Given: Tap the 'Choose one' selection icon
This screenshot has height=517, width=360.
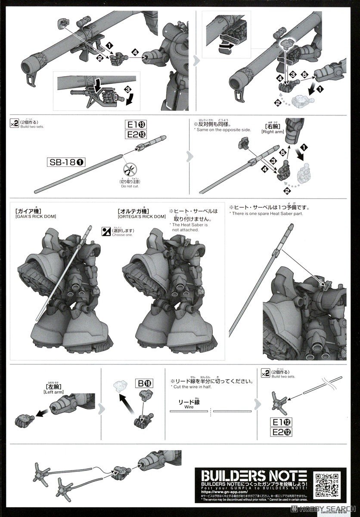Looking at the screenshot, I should (x=106, y=230).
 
